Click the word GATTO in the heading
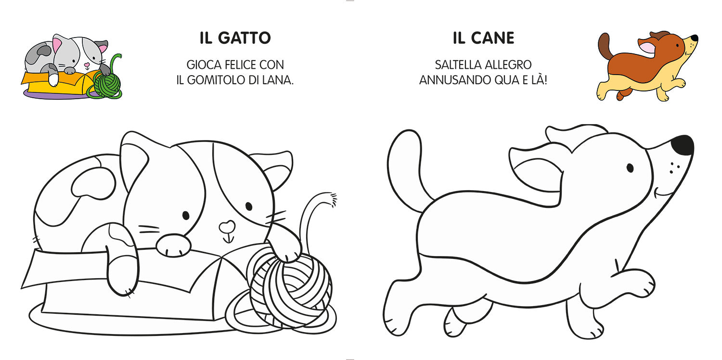point(245,38)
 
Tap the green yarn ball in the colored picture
point(107,84)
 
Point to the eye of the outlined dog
point(630,168)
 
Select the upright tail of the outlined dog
point(407,167)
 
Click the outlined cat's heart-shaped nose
point(227,226)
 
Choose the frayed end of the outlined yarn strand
point(332,199)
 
